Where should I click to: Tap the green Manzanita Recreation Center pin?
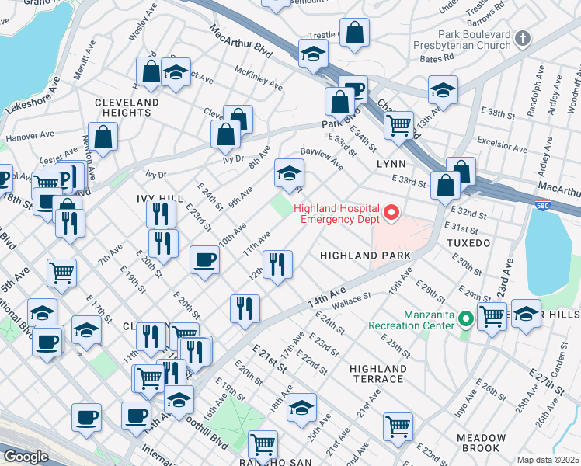(x=466, y=319)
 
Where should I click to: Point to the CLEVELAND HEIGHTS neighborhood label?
(x=127, y=107)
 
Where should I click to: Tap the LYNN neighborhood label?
(x=391, y=165)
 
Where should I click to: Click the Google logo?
(x=25, y=457)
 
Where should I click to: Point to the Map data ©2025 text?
(x=548, y=460)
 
